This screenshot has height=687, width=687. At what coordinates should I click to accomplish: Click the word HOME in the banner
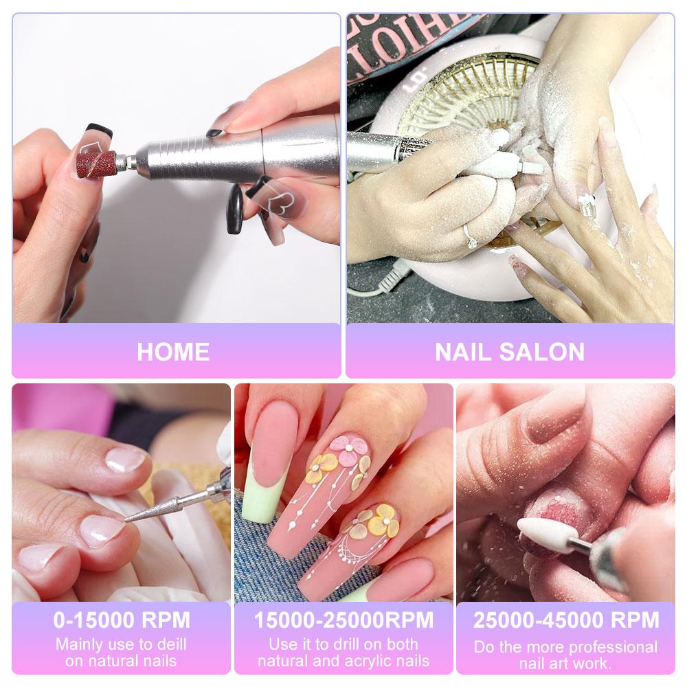point(173,352)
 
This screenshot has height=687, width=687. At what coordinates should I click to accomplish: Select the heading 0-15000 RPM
point(122,620)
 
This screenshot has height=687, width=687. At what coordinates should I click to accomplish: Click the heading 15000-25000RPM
point(343,620)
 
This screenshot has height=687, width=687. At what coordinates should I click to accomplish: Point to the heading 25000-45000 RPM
point(565,620)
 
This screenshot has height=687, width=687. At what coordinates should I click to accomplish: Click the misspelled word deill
point(168,644)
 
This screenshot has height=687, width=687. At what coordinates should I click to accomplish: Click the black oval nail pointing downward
point(235,210)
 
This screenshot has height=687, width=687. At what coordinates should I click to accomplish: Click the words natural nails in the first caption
point(122,661)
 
